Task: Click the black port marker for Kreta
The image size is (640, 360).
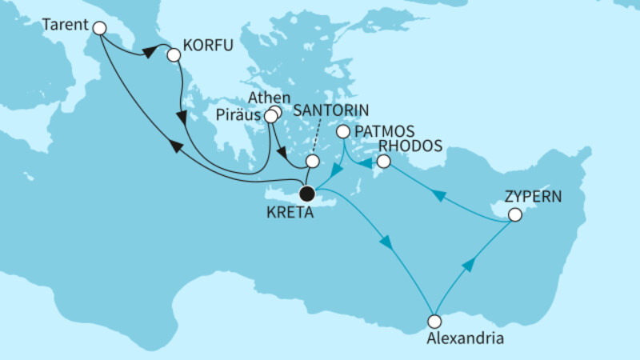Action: tap(306, 193)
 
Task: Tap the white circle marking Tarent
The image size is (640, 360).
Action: tap(99, 28)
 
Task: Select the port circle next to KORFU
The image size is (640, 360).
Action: tap(173, 54)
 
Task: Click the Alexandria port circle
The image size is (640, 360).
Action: tap(434, 321)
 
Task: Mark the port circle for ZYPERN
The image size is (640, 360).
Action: tap(515, 214)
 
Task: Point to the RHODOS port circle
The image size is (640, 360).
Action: tap(383, 162)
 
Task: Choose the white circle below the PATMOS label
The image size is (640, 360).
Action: tap(342, 132)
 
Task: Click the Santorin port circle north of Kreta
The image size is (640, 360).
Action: tap(312, 161)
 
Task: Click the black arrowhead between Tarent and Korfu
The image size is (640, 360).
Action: tap(149, 53)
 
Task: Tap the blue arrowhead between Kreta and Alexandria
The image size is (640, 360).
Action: tap(388, 243)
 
